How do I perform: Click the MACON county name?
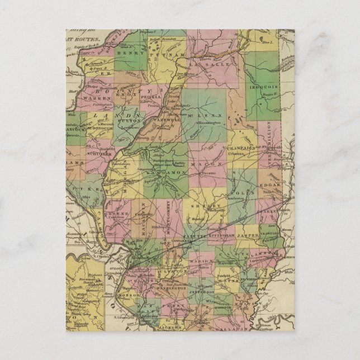pyautogui.click(x=200, y=164)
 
